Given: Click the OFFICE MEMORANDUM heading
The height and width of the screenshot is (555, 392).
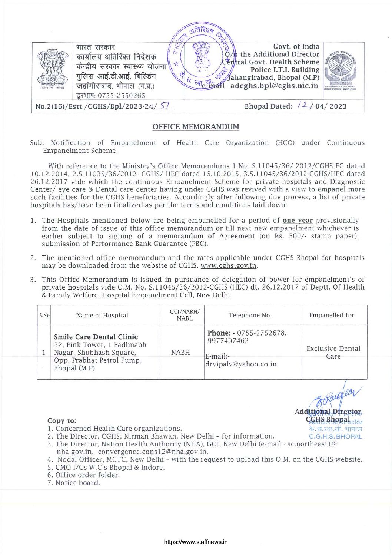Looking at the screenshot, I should [x=196, y=127].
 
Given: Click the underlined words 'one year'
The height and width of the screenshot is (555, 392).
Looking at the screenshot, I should [x=297, y=221].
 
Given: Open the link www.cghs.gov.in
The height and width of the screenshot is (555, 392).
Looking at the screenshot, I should [x=229, y=266].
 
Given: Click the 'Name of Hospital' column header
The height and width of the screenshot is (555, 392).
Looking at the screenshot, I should [x=102, y=316].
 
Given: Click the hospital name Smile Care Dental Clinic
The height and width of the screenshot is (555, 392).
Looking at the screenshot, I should [x=96, y=337].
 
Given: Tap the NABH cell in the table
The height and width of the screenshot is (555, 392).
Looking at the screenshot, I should [x=180, y=353].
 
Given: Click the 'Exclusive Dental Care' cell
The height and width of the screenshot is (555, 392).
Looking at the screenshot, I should [x=333, y=352].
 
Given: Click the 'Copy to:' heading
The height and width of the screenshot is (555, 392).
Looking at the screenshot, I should [x=62, y=421].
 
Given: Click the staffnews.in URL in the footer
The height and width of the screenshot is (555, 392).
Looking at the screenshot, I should [x=196, y=542].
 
